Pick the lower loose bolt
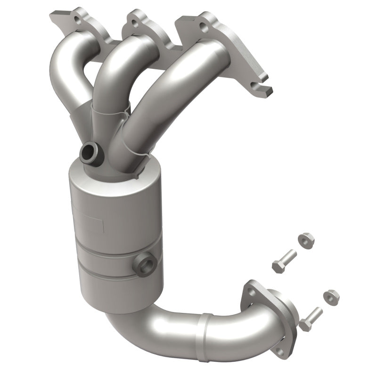coord(310,318)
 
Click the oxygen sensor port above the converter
coord(90,152)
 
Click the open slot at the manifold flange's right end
coord(262,87)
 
